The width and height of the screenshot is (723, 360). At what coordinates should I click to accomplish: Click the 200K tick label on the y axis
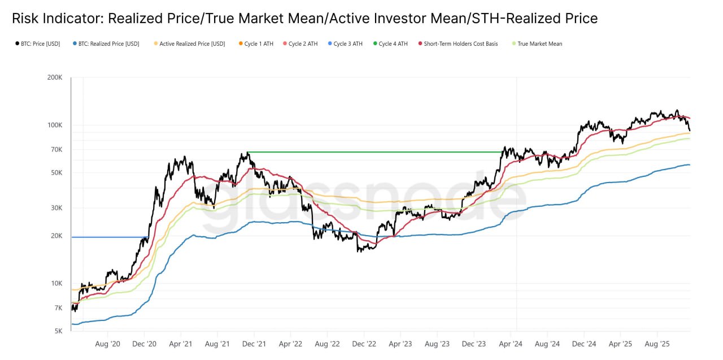click(x=55, y=77)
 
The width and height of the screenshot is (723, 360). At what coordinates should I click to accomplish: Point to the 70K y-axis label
click(x=56, y=150)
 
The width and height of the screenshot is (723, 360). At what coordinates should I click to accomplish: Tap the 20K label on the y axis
click(x=56, y=236)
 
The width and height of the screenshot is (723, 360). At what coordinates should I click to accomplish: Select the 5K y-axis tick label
click(x=58, y=331)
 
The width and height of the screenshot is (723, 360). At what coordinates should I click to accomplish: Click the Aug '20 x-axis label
click(x=107, y=344)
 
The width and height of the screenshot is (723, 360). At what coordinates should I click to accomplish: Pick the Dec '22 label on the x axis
click(x=364, y=344)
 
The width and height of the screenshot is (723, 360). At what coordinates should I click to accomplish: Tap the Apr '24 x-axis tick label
click(x=511, y=344)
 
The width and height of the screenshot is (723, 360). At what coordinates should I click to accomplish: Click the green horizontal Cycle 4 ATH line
click(x=373, y=152)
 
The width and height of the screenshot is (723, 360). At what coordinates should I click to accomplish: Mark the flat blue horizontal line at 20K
click(x=107, y=237)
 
